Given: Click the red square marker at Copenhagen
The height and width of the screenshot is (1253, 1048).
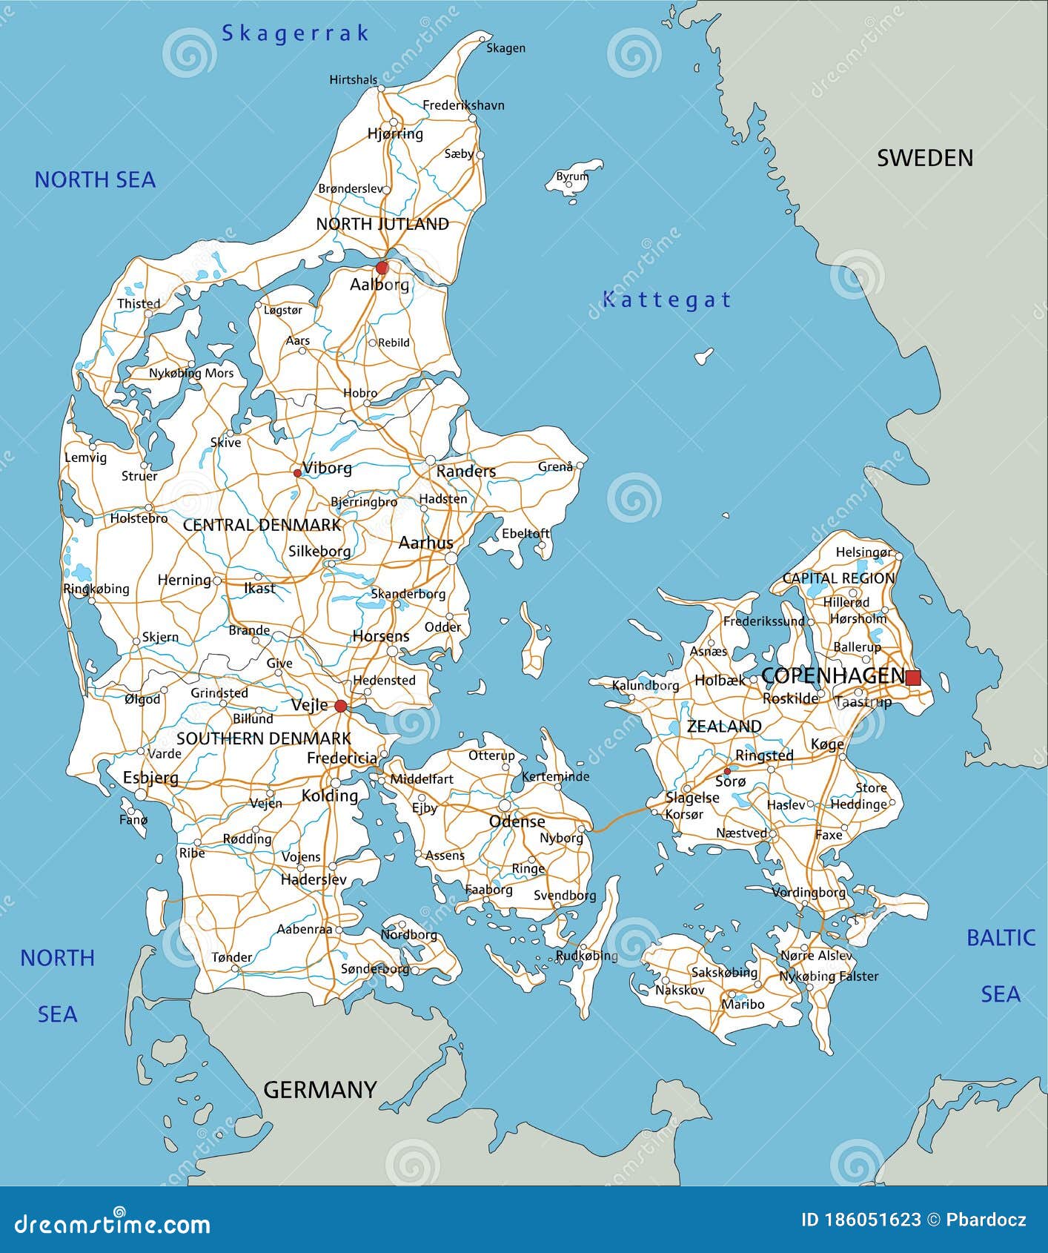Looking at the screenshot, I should coord(913,677).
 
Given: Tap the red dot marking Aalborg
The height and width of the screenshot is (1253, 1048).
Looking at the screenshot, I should coord(382,267).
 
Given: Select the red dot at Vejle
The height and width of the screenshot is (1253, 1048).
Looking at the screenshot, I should coord(340,706).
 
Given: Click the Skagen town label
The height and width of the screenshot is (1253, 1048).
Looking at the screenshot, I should coord(505,48).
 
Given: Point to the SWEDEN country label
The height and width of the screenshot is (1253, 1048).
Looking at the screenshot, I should coord(924,158).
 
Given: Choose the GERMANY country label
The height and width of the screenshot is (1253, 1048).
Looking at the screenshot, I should coord(320,1089).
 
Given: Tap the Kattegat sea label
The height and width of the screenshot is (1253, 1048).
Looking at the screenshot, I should coord(666,300).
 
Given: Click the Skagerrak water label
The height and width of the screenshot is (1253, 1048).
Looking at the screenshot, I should coord(295,33).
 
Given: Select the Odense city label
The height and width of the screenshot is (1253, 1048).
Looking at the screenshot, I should coord(517,821).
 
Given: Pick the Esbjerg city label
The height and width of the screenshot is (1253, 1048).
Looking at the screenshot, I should coord(150,778).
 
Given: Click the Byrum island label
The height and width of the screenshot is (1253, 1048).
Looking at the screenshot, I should coord(572,176).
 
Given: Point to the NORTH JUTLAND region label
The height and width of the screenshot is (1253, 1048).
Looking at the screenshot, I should coord(382,224).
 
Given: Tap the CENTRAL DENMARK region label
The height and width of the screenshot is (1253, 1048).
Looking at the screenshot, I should coord(262,525).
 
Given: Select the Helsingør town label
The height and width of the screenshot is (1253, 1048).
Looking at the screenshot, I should coord(863,552).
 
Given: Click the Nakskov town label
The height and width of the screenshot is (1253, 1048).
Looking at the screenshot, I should coord(680,990).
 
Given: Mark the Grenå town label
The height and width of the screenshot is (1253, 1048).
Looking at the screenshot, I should coord(555,467).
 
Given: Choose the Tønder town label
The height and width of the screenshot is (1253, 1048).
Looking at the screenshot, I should coord(231,957).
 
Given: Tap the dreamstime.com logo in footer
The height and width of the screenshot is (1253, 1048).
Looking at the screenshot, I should coord(112,1222).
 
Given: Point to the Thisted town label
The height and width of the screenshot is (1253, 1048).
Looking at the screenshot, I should coord(139,303).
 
